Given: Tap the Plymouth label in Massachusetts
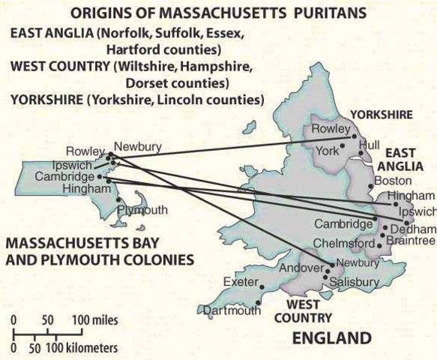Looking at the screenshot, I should [x=142, y=210].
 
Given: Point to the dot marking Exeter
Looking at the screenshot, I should [x=262, y=286].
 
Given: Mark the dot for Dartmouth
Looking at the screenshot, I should [x=258, y=304].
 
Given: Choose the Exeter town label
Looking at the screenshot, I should [x=241, y=281].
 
